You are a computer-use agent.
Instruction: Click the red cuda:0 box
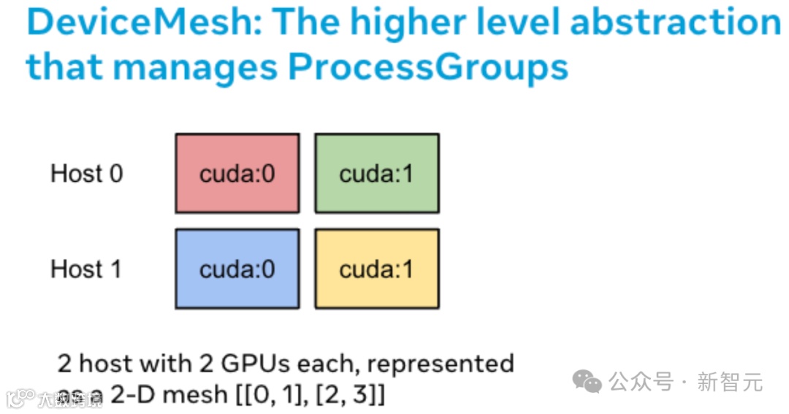237,173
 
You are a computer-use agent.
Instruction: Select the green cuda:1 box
376,173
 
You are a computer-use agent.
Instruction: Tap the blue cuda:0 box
237,269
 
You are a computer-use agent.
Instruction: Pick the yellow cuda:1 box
376,269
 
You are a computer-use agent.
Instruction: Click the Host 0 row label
86,174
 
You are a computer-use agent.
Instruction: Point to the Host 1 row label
86,269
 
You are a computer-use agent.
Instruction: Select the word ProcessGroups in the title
428,67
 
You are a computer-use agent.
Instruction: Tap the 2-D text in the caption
134,395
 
